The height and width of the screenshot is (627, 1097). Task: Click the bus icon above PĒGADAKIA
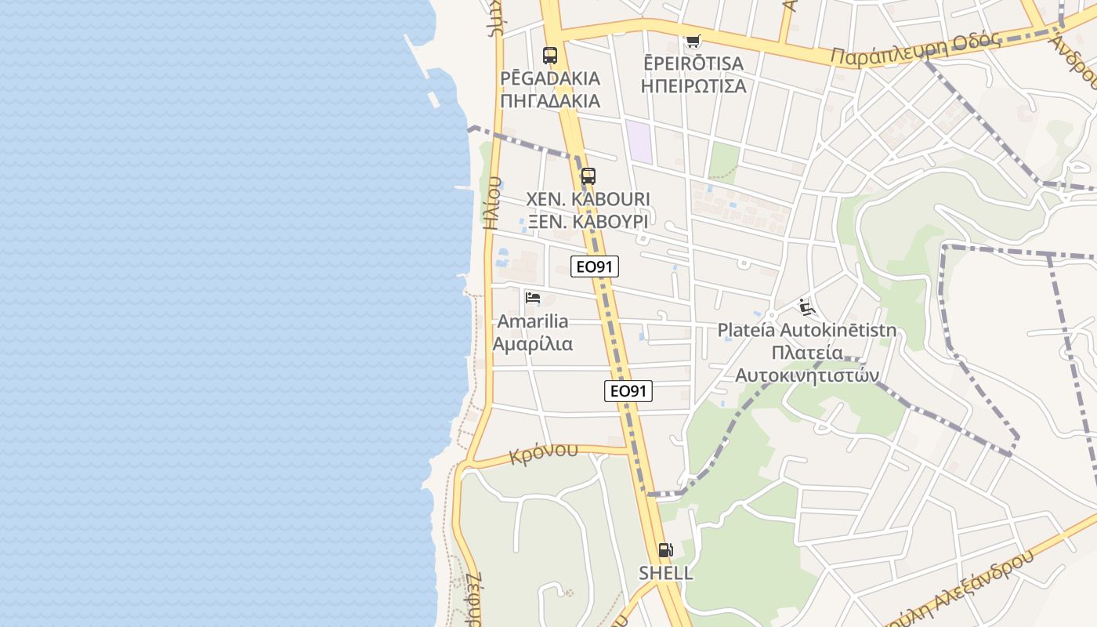(550, 56)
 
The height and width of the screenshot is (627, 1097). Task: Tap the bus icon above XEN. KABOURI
(588, 176)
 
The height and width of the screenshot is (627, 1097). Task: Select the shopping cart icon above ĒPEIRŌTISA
(692, 41)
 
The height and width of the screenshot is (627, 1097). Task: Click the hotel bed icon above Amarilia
(533, 298)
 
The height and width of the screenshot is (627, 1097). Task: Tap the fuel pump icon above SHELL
(665, 550)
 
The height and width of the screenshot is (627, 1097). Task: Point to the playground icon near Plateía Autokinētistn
(806, 306)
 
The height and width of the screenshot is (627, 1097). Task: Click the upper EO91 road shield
(594, 266)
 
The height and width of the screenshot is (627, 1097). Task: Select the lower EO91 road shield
(628, 390)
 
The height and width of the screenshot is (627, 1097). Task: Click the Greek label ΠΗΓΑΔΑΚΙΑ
(550, 101)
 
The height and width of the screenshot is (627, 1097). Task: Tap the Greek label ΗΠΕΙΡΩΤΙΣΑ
(693, 86)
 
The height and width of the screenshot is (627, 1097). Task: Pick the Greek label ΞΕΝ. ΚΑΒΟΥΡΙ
(588, 222)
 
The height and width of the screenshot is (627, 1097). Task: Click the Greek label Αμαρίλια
(533, 344)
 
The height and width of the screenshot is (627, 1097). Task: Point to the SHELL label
(666, 573)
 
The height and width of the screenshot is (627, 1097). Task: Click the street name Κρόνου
(543, 453)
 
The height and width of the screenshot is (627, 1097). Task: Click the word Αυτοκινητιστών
(807, 375)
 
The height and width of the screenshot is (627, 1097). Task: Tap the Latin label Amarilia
(533, 321)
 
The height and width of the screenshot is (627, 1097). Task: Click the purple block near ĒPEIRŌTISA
(640, 142)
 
